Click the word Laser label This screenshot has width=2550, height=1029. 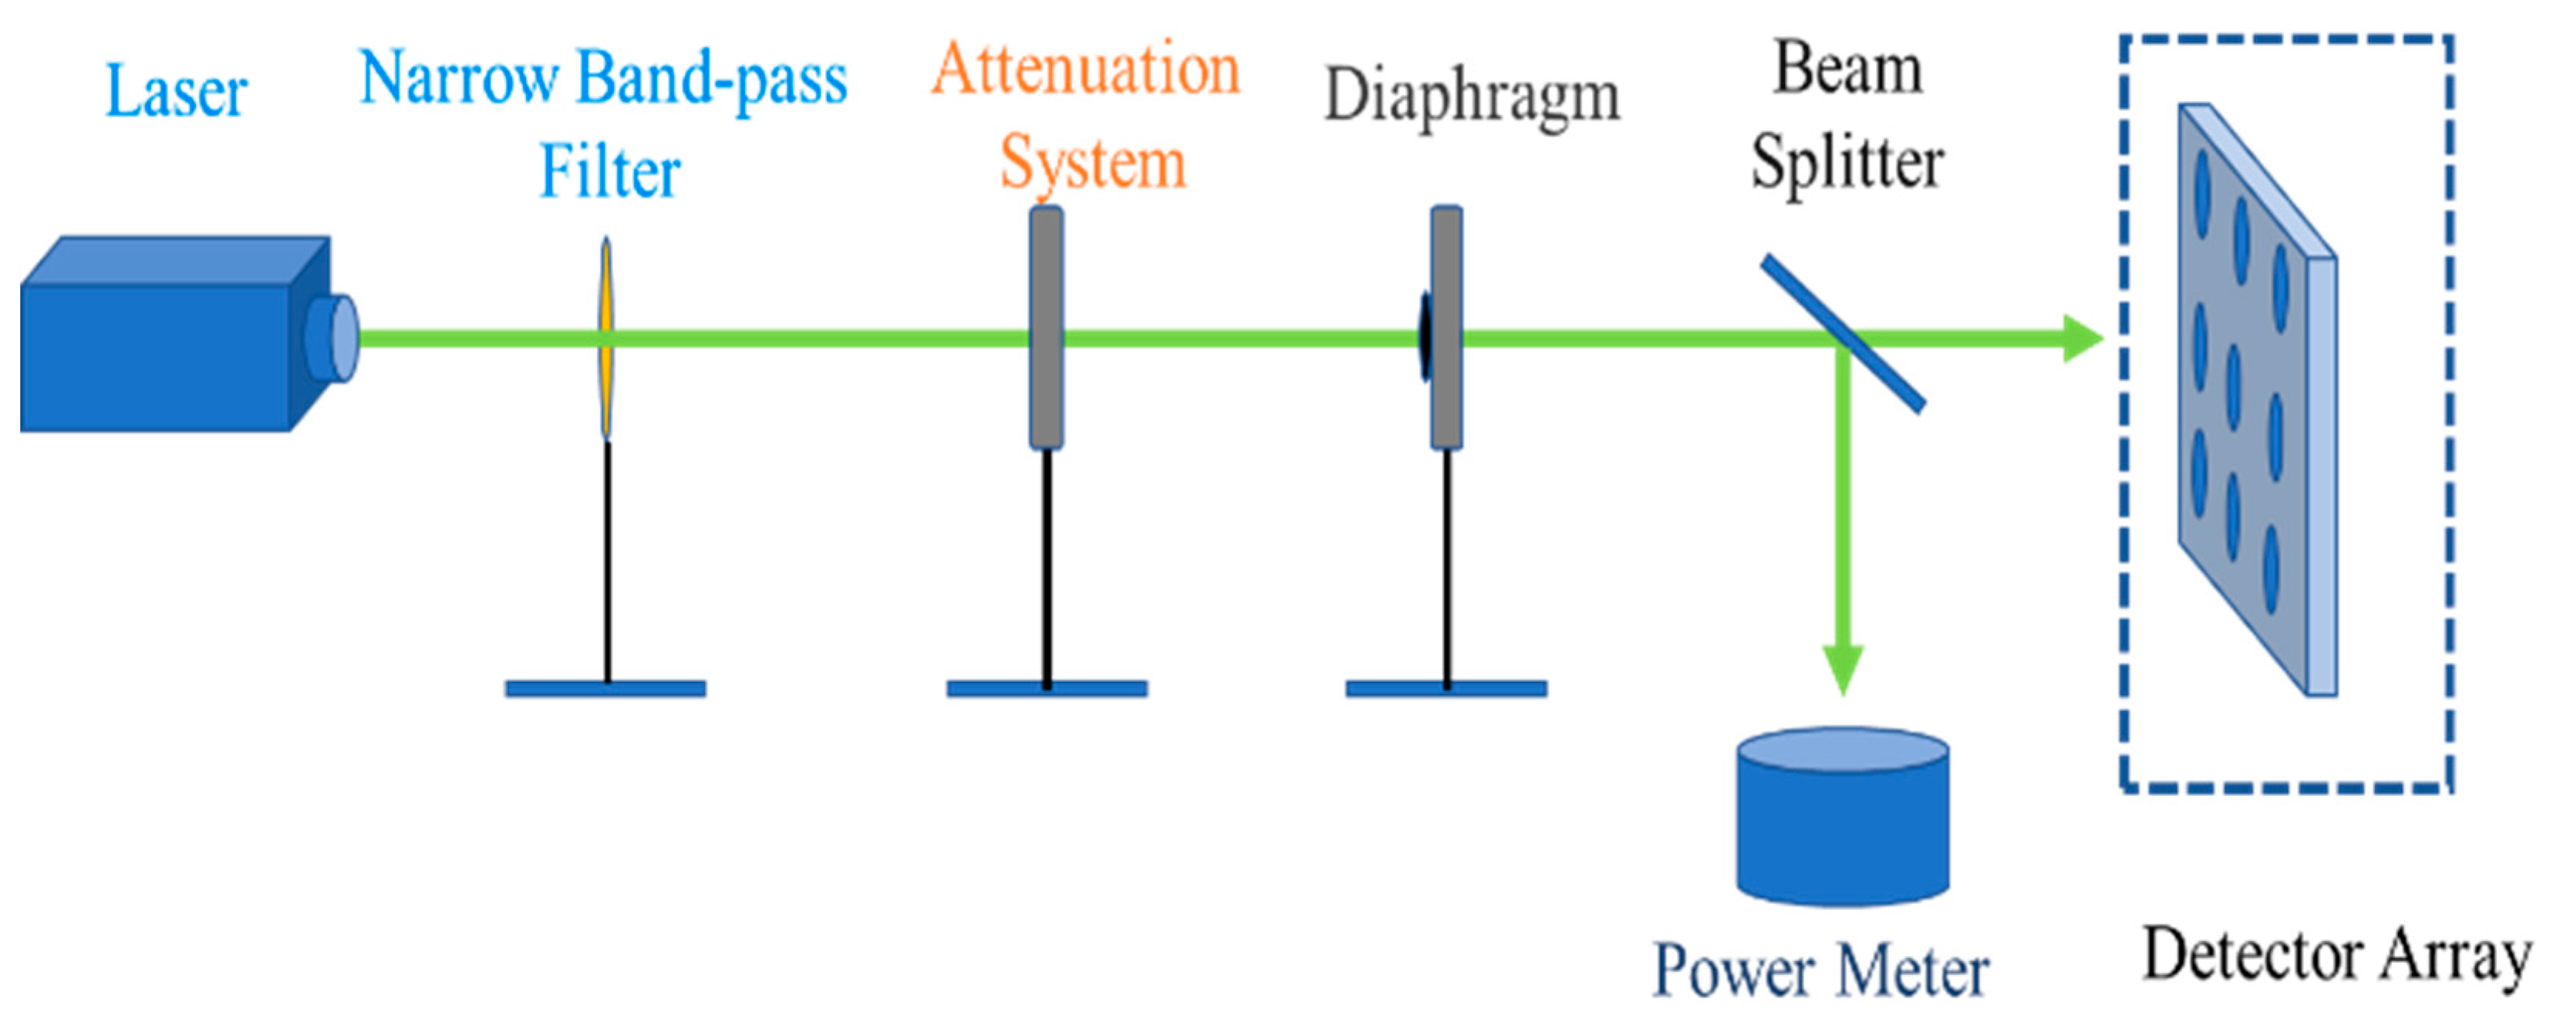point(175,91)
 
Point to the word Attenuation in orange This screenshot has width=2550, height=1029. point(1085,69)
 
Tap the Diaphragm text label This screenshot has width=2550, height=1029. point(1472,96)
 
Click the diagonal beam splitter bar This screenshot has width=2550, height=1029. point(1843,334)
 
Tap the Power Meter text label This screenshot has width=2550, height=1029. point(1820,970)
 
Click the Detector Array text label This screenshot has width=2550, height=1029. point(2336,956)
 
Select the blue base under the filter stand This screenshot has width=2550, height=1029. point(605,688)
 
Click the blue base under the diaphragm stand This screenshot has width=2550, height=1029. point(1446,688)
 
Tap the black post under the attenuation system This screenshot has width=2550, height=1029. point(1047,565)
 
